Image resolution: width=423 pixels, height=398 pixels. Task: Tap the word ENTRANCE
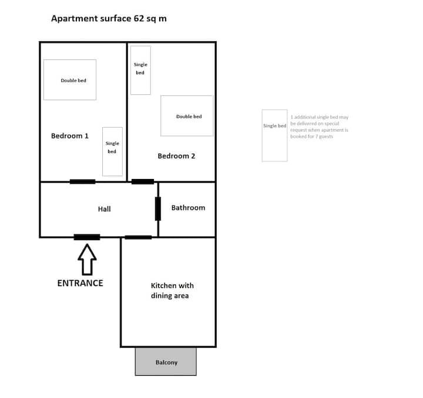(x=80, y=283)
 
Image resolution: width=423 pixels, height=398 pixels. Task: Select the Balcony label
(x=166, y=362)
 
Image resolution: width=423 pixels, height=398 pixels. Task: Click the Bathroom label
(x=189, y=208)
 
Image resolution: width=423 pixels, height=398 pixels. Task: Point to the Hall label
(x=105, y=209)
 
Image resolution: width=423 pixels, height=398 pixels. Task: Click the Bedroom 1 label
(x=70, y=136)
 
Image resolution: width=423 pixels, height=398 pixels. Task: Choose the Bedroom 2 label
(x=176, y=156)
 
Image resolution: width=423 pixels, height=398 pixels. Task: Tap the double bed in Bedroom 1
(x=70, y=79)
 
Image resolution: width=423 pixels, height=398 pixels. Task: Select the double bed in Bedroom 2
(x=187, y=116)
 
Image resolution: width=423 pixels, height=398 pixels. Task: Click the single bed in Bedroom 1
(x=112, y=152)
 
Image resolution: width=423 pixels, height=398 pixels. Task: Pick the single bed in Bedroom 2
(x=140, y=70)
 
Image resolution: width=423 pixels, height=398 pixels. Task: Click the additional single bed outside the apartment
(x=274, y=135)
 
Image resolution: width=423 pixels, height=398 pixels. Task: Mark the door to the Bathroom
(x=158, y=209)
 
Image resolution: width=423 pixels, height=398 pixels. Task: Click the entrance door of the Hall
(x=87, y=237)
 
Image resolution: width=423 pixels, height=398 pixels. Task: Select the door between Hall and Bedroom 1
(x=83, y=182)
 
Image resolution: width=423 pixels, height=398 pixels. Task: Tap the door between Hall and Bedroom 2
(x=143, y=182)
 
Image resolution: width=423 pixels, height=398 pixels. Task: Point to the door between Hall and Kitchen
(x=138, y=237)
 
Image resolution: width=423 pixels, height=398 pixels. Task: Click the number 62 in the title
(x=139, y=18)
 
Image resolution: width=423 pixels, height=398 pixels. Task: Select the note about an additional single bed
(x=320, y=127)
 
